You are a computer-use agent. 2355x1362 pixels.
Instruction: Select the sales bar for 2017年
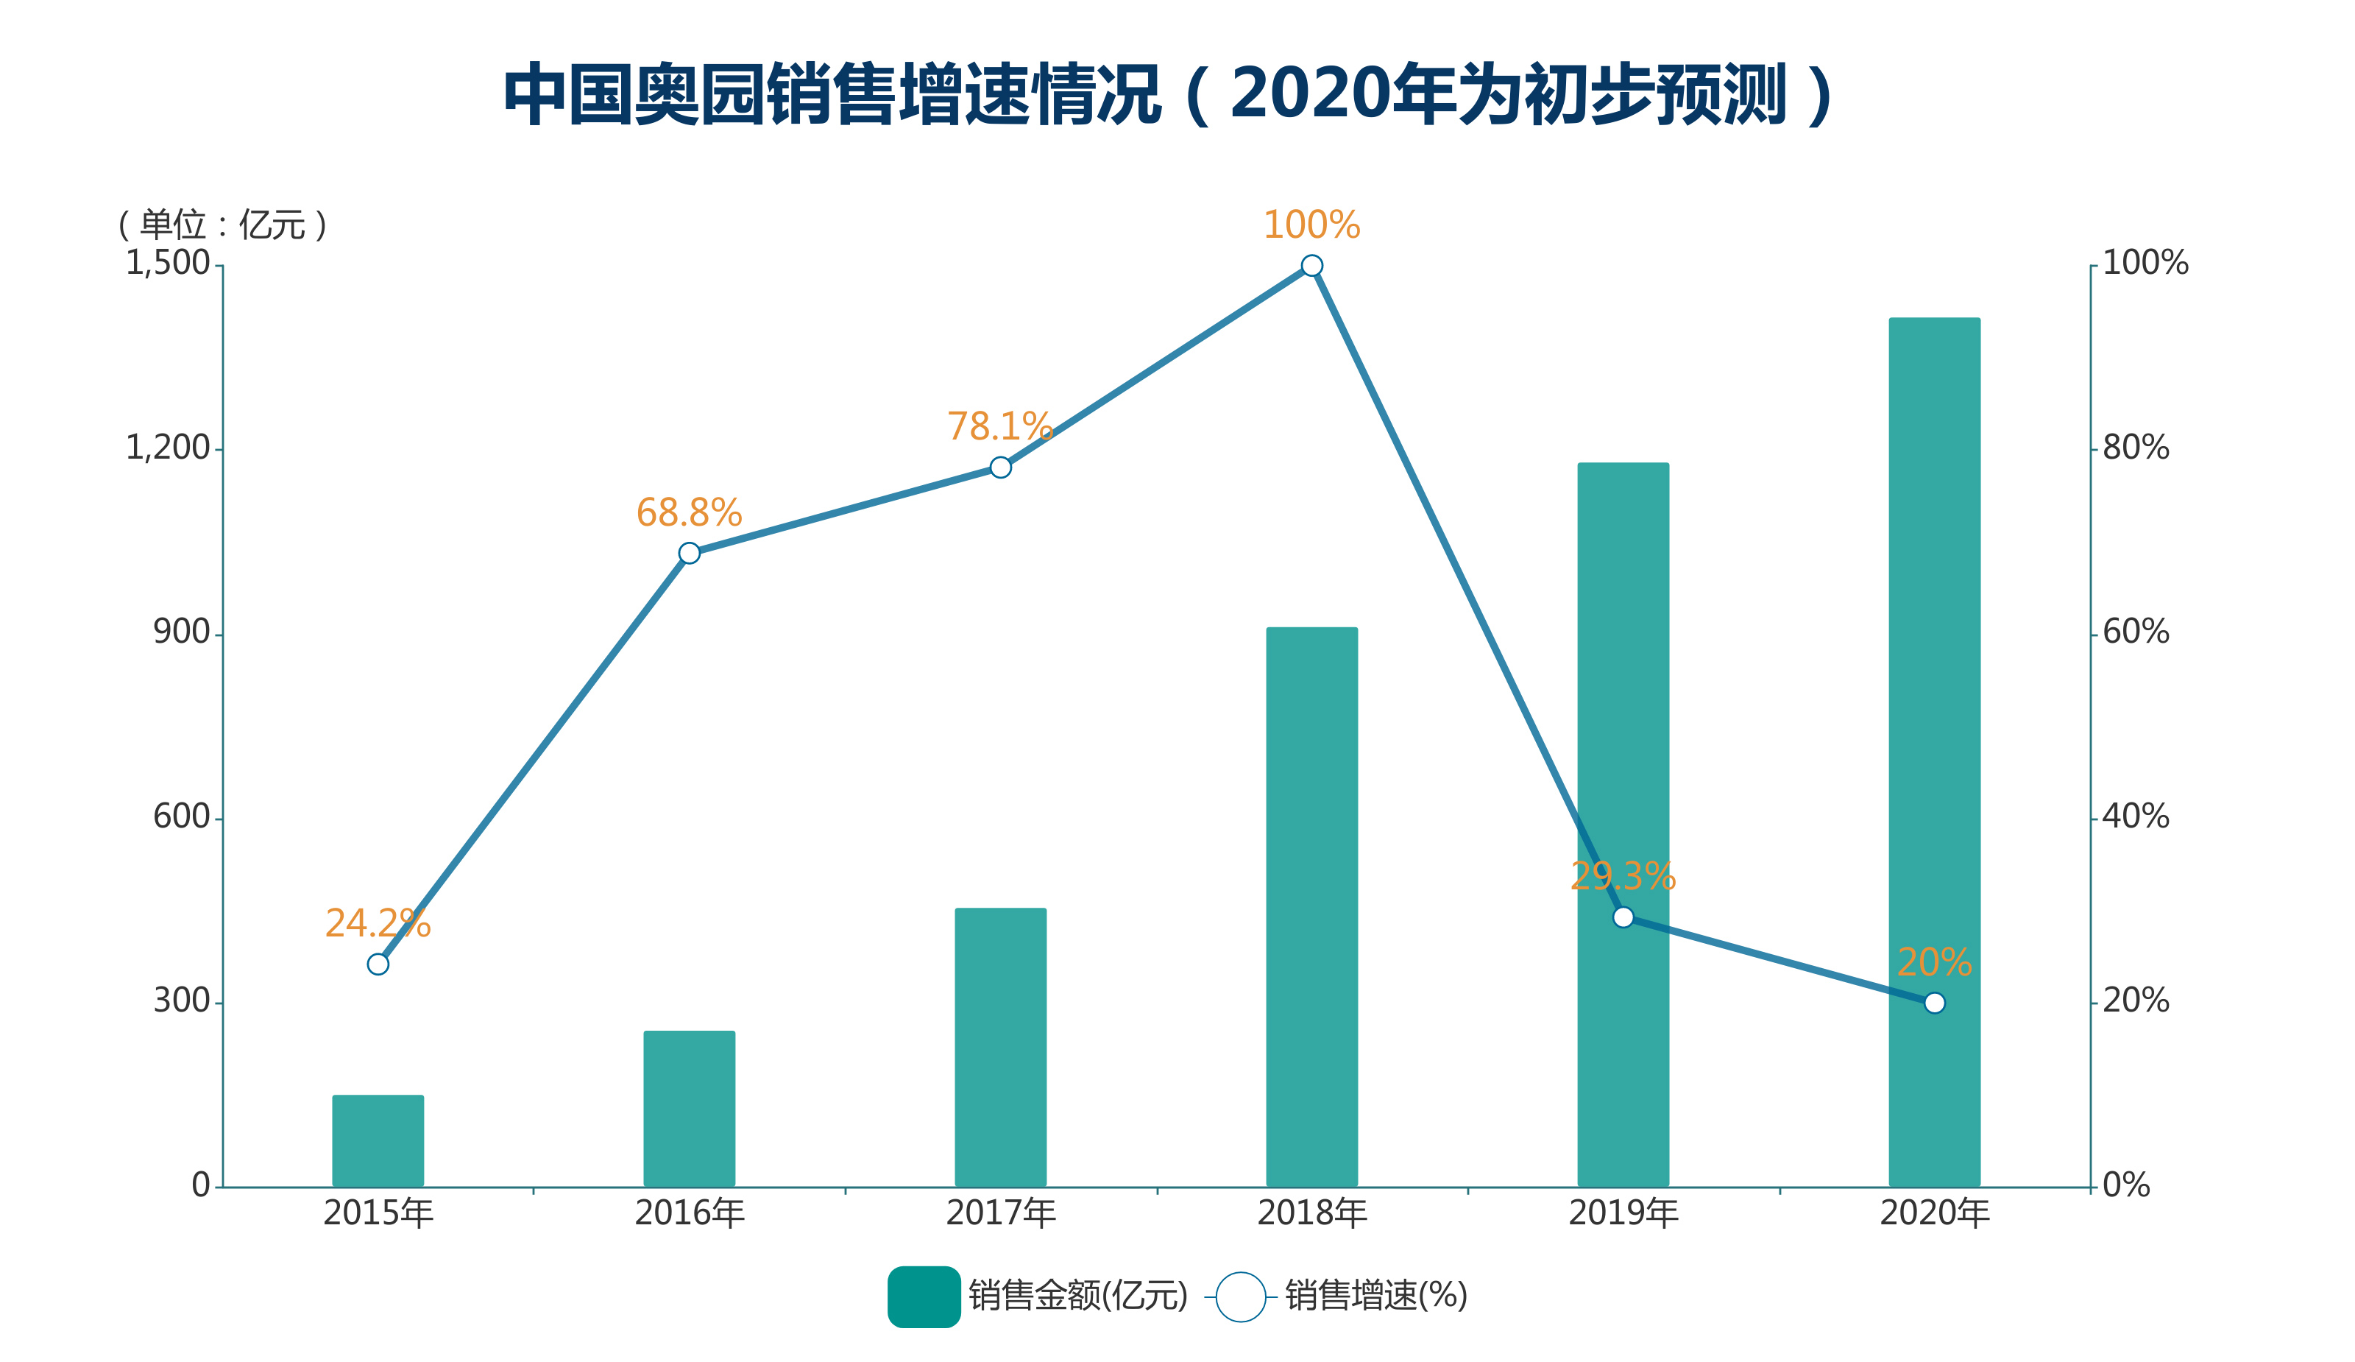[x=1000, y=1046]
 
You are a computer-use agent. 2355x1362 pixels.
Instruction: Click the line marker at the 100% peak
[x=1311, y=267]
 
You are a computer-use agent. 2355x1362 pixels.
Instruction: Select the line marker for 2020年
[x=1933, y=1003]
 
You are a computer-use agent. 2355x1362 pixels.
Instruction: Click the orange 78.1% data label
[x=1000, y=426]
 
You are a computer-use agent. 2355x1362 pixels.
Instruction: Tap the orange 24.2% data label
[x=378, y=923]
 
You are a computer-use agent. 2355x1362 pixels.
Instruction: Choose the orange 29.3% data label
[x=1622, y=877]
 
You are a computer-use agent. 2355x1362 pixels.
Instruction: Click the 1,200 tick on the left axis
[x=169, y=448]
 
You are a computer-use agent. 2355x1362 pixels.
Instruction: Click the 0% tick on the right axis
[x=2126, y=1185]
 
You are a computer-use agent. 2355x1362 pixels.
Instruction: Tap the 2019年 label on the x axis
[x=1622, y=1213]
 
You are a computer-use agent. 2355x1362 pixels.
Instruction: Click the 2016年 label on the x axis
[x=689, y=1213]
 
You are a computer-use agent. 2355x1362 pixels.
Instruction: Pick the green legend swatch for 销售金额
[x=924, y=1296]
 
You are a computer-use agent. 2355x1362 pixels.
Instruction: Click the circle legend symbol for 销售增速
[x=1240, y=1296]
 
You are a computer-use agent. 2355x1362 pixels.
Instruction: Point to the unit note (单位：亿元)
[x=222, y=225]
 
